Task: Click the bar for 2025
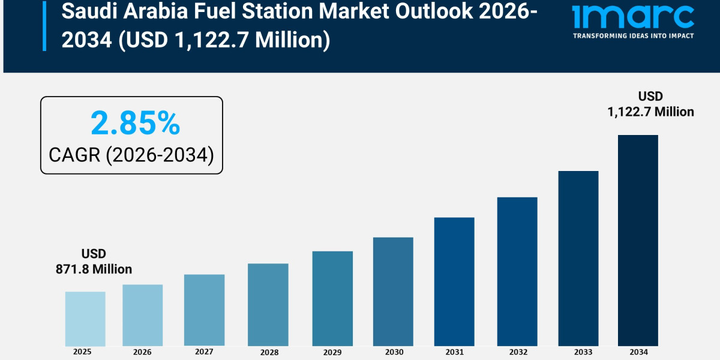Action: [x=85, y=319]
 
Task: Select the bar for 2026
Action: [x=143, y=315]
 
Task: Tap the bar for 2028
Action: [x=268, y=304]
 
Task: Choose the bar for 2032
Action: [x=517, y=271]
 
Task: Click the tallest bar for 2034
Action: [x=638, y=240]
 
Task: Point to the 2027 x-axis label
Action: [x=204, y=352]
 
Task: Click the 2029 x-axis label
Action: [x=332, y=352]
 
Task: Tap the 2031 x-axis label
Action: [x=454, y=352]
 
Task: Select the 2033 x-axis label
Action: [x=578, y=352]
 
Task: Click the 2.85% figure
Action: [x=135, y=124]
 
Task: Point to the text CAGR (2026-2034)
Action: [x=131, y=155]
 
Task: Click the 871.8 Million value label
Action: [x=94, y=269]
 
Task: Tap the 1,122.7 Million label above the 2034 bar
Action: [x=650, y=112]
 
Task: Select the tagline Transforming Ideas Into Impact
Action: [x=633, y=36]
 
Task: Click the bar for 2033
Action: [x=578, y=258]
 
